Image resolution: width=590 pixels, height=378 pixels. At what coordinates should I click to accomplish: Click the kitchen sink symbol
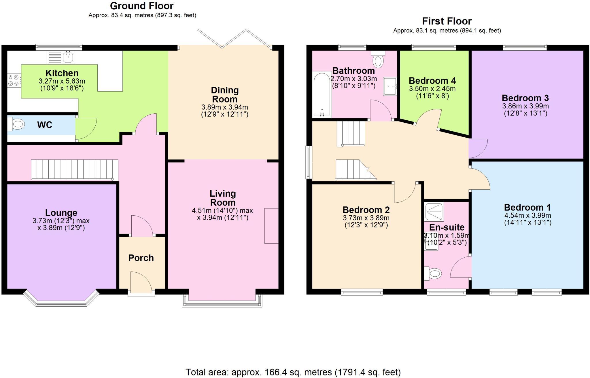coord(61,57)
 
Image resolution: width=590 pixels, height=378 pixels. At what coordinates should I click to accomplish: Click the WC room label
coord(45,125)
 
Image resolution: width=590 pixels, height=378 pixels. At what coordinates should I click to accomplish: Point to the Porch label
coord(141,258)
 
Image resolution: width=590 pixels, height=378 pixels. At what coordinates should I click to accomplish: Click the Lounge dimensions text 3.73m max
coord(61,221)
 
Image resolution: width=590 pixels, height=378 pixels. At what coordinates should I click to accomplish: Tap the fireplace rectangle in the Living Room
coord(271,226)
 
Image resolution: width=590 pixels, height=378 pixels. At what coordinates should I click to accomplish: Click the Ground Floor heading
coord(142,6)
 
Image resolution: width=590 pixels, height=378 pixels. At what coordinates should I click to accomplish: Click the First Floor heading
coord(447,21)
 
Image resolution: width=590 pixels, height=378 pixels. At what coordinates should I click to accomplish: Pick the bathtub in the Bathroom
coord(322,95)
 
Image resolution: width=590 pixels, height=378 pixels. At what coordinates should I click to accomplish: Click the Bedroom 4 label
coord(432,81)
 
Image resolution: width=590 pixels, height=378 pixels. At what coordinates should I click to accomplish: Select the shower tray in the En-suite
coord(434,212)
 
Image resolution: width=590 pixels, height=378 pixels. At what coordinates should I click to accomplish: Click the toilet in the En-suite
coord(433,273)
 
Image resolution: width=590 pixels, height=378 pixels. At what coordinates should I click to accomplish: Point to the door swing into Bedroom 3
coord(478,148)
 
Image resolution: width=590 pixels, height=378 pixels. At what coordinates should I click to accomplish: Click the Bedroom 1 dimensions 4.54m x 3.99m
coord(527,215)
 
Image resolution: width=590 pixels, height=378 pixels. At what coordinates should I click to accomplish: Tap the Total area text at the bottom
coord(293,372)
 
